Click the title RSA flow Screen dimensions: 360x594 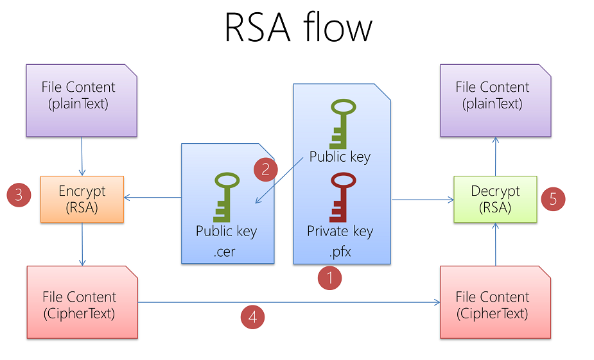click(298, 28)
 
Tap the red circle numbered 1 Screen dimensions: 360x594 click(330, 278)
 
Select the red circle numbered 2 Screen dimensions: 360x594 click(266, 169)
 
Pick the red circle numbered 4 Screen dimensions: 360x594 click(252, 316)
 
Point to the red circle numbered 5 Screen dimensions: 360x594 click(553, 199)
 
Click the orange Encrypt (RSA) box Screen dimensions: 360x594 click(82, 199)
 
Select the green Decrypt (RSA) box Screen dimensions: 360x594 click(495, 199)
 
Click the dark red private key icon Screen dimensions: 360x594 click(338, 196)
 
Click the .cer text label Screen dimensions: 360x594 click(225, 251)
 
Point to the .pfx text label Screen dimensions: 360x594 click(340, 251)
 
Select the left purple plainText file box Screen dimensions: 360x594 click(82, 100)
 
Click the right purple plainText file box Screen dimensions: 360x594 click(495, 100)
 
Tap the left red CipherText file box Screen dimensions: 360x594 click(82, 302)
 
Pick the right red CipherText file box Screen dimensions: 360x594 click(495, 302)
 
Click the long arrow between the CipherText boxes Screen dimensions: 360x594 click(289, 302)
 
